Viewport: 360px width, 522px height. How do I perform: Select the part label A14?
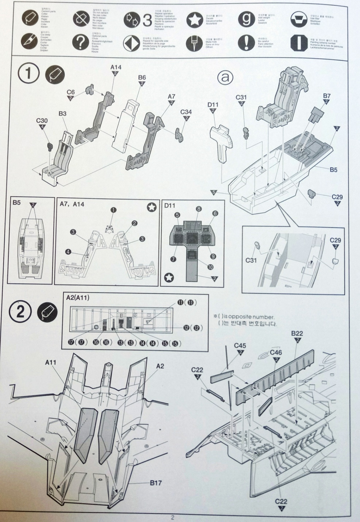click(116, 67)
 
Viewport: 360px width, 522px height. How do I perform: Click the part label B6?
click(142, 78)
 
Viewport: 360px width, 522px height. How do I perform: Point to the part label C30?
click(42, 120)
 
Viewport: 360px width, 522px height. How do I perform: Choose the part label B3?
click(63, 114)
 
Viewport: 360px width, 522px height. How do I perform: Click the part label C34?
click(186, 112)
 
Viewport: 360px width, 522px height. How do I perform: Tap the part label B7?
click(327, 96)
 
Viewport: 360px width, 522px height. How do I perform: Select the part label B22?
click(297, 333)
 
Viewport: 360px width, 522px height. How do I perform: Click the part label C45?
click(240, 345)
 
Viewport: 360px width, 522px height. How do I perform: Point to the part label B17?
click(156, 483)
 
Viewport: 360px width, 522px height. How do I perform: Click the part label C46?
click(276, 353)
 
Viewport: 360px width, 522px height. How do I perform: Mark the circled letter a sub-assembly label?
click(225, 77)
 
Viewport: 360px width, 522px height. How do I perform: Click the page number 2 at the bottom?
click(173, 517)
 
